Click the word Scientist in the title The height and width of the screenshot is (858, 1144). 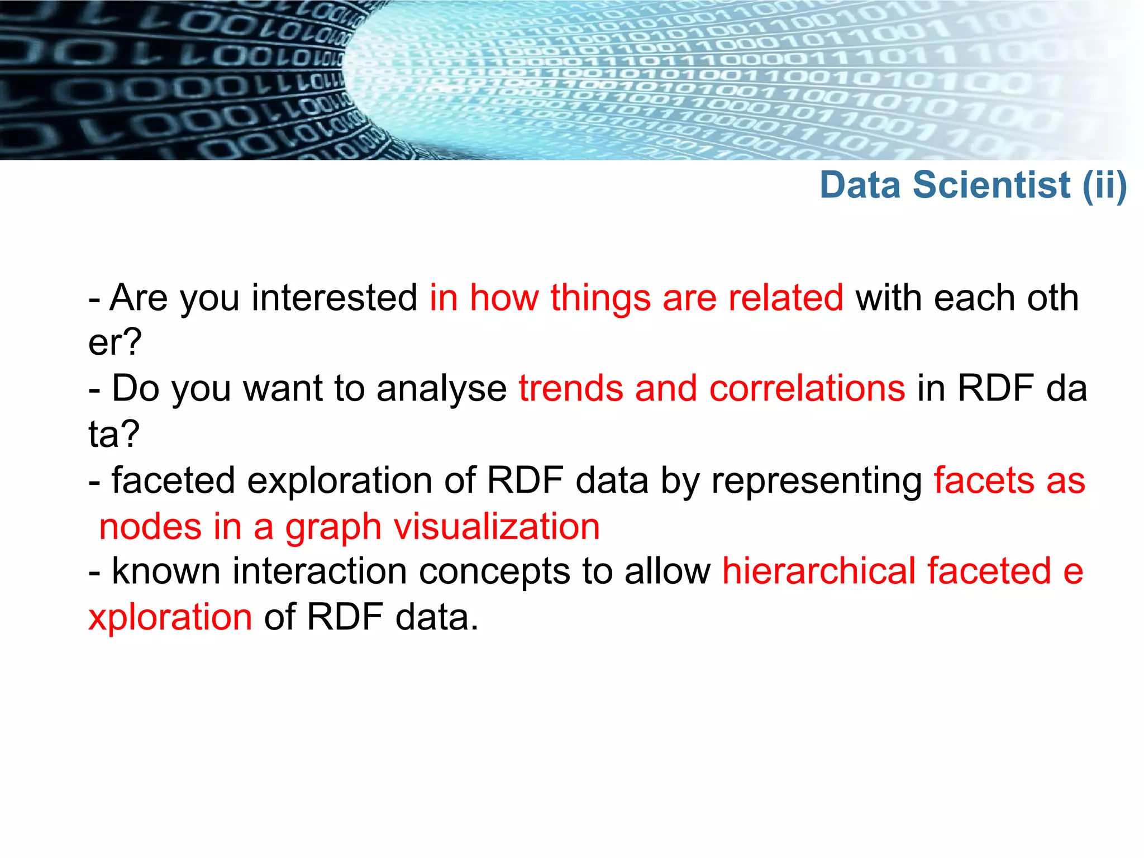(992, 185)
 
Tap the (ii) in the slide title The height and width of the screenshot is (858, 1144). (1104, 185)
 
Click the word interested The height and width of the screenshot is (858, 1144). (334, 297)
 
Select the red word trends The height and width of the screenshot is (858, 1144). (570, 388)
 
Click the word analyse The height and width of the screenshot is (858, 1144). (441, 388)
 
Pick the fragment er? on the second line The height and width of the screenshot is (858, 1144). (115, 342)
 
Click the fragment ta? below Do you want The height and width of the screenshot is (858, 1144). (114, 433)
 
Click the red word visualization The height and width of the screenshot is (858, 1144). (497, 527)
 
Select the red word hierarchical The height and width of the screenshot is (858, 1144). (819, 571)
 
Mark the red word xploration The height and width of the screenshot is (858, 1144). (170, 617)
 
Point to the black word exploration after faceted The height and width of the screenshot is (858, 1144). (339, 480)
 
